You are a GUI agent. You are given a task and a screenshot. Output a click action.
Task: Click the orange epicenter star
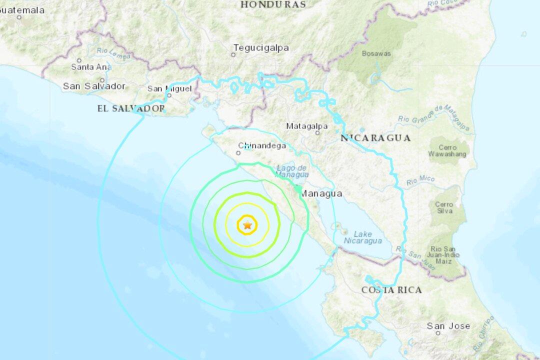click(x=247, y=225)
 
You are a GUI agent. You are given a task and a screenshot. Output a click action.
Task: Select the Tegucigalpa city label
click(x=260, y=48)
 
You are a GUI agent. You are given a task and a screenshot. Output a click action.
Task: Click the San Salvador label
click(x=94, y=86)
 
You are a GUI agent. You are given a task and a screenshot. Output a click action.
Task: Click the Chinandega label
click(x=262, y=146)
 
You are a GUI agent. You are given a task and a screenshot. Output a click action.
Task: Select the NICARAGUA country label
click(x=376, y=137)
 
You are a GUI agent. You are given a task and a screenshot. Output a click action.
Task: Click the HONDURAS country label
click(x=273, y=4)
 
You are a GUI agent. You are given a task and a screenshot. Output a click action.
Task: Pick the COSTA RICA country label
click(x=391, y=289)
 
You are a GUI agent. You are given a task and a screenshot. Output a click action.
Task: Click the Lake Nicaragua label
click(x=362, y=237)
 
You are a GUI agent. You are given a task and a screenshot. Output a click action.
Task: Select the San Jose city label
click(x=448, y=326)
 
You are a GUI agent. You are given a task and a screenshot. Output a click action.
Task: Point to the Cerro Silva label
click(x=444, y=207)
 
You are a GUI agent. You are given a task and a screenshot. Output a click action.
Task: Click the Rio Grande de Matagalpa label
click(x=434, y=118)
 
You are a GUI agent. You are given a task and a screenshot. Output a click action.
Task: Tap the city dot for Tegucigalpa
click(x=233, y=54)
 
